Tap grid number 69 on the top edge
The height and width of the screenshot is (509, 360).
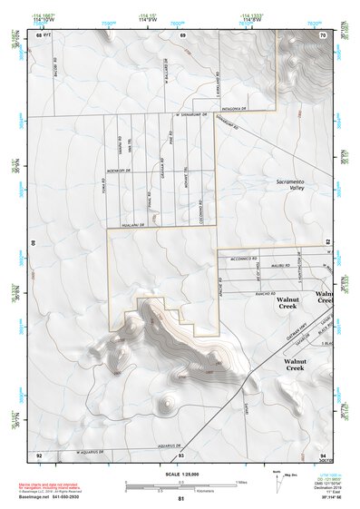coord(183,34)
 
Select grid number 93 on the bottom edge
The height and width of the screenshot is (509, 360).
coord(182,455)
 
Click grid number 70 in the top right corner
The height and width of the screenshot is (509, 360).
coord(323,34)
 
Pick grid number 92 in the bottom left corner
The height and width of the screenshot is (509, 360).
coord(39,455)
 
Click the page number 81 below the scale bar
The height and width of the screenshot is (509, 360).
coord(181,500)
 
